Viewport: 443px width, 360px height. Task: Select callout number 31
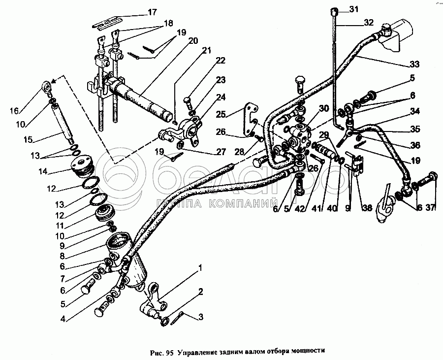coord(354,9)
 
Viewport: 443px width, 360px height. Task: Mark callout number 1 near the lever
coord(199,269)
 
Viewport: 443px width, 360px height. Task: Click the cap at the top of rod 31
coord(334,10)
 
